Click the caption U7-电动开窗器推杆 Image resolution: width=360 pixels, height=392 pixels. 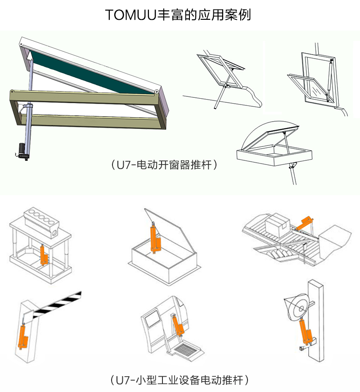(x=164, y=165)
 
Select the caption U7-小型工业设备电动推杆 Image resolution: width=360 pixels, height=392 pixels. (x=179, y=380)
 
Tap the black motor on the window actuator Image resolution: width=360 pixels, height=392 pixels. (x=22, y=151)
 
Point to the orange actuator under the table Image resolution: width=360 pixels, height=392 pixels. (x=44, y=255)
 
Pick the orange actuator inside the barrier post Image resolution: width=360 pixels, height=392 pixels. (x=22, y=337)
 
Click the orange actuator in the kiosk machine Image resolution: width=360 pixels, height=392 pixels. (x=178, y=325)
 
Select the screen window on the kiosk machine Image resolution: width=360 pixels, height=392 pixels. (x=152, y=319)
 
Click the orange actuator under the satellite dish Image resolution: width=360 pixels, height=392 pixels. (x=306, y=332)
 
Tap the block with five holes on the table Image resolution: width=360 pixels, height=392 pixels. (x=41, y=222)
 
